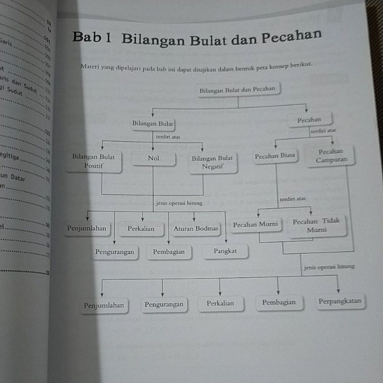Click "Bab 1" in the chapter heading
pos(91,39)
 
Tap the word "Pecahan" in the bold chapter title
pos(292,36)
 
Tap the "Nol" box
pos(153,158)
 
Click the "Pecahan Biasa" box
pos(275,156)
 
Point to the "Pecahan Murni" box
pos(255,225)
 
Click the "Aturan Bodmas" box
pos(195,229)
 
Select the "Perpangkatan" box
pos(340,302)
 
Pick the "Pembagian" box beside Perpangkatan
pos(279,302)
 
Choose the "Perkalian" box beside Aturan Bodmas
pos(141,229)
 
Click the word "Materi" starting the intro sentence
pos(90,67)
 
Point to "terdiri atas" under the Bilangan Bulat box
pos(169,137)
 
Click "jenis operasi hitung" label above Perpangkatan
pos(329,267)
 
